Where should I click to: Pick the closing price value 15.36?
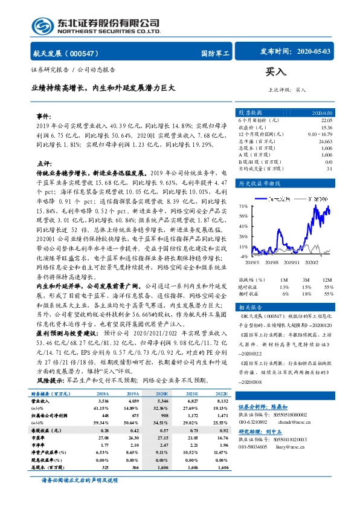326,128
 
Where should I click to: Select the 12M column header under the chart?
327,280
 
